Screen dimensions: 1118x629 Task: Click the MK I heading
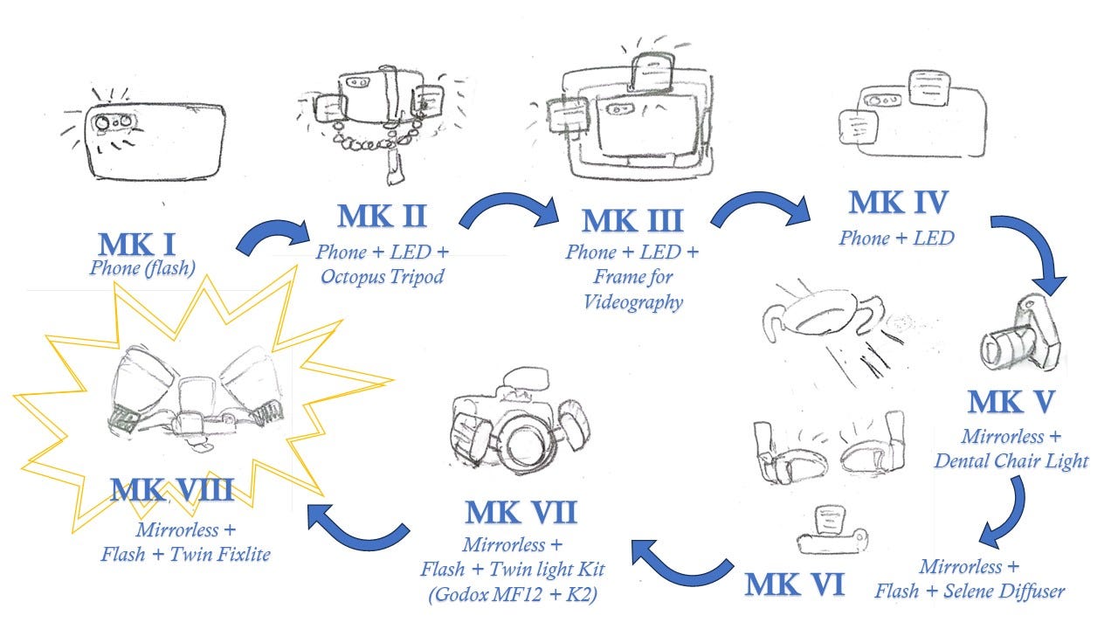(x=137, y=245)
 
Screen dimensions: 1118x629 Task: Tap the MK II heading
(x=382, y=216)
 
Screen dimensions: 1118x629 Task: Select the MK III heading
(x=632, y=221)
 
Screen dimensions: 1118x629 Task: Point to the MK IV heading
(x=898, y=202)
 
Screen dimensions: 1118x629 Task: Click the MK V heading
(x=1011, y=401)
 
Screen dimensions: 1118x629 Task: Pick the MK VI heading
(x=795, y=584)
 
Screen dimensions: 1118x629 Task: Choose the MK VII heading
(x=521, y=512)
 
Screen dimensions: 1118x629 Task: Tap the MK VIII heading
(x=172, y=490)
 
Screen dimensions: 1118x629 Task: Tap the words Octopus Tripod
(x=382, y=276)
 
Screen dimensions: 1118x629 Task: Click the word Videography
(x=633, y=302)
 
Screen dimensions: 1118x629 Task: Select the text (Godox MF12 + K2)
(x=513, y=594)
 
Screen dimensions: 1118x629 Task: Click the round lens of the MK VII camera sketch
(x=522, y=445)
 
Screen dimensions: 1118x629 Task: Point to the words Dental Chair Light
(x=1011, y=460)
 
